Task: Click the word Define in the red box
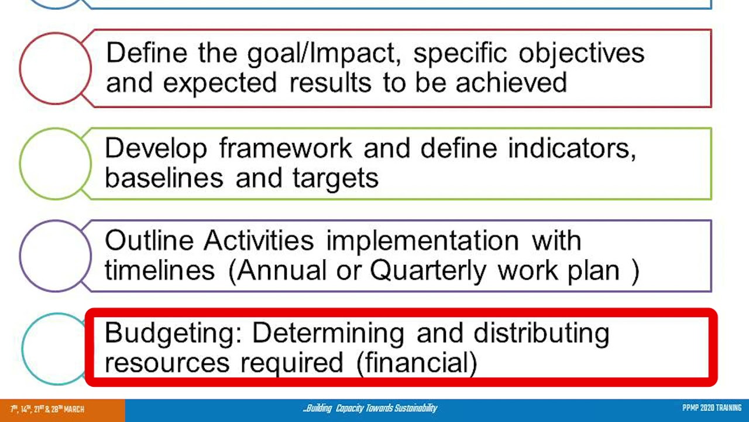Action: (146, 53)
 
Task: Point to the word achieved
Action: (511, 83)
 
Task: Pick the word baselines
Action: (164, 178)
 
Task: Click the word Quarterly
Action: (428, 271)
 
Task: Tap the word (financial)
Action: (417, 363)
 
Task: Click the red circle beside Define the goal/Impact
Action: (56, 69)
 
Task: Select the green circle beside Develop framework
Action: (56, 164)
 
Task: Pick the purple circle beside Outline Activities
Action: (56, 256)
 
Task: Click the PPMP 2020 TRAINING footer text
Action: (712, 409)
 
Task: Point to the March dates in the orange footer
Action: (47, 409)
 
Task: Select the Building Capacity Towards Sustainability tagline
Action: (370, 409)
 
